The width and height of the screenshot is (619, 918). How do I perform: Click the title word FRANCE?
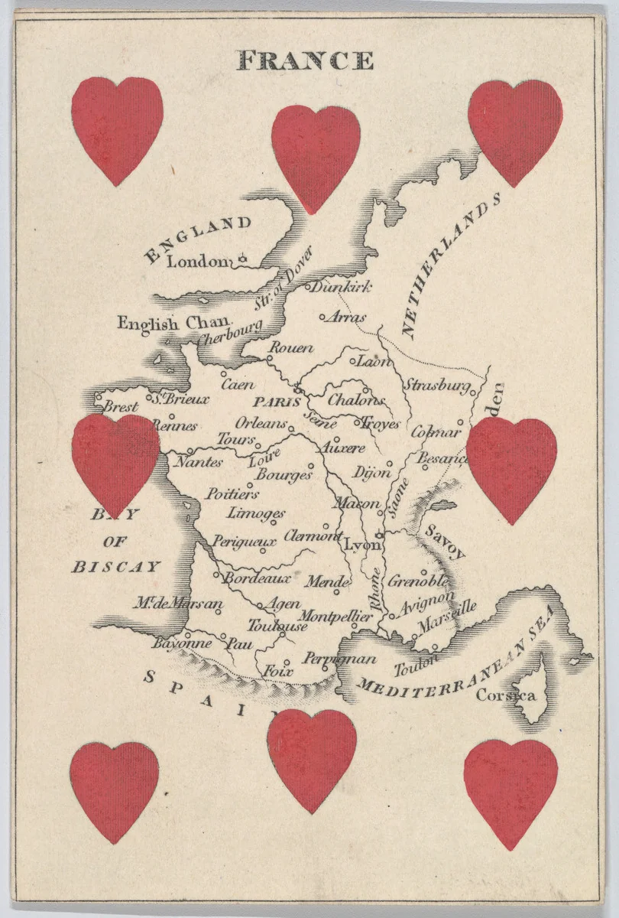tap(306, 60)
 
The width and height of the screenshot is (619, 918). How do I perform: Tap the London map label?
tap(198, 262)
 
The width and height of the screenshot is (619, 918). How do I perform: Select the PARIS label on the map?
tap(273, 401)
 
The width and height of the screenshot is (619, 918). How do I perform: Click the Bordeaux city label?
tap(258, 579)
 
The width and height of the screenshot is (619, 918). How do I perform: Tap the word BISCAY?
tap(116, 567)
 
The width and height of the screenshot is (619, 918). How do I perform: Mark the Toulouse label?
tap(277, 625)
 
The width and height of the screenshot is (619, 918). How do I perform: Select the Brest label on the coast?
tap(121, 407)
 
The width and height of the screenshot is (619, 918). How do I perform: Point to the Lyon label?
tap(361, 545)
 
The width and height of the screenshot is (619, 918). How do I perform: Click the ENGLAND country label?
tap(198, 238)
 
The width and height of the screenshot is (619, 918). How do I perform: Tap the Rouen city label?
tap(293, 348)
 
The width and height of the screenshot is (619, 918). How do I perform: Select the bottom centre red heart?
tap(312, 757)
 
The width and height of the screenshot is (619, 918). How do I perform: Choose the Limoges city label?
tap(256, 513)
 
